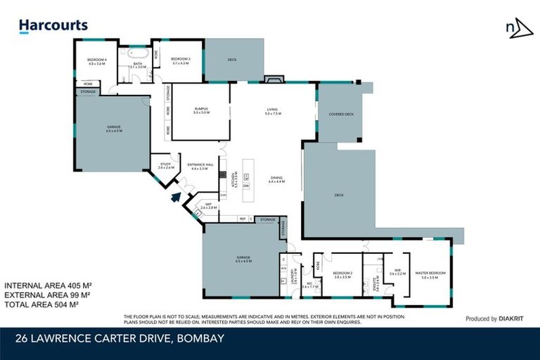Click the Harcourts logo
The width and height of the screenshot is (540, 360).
click(53, 26)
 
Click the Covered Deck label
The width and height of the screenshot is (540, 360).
click(341, 113)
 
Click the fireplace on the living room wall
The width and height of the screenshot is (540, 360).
click(273, 79)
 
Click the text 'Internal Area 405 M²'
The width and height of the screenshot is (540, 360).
click(49, 285)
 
